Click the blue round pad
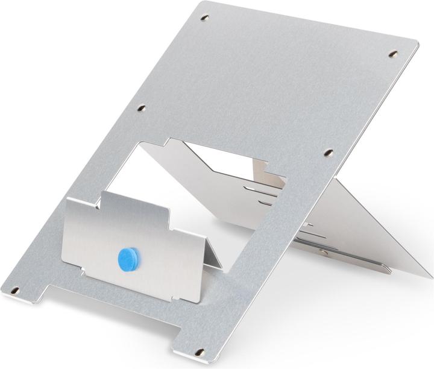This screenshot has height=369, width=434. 127,257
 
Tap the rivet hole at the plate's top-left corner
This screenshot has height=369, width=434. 204,18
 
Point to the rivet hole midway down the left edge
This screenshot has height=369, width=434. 142,109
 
